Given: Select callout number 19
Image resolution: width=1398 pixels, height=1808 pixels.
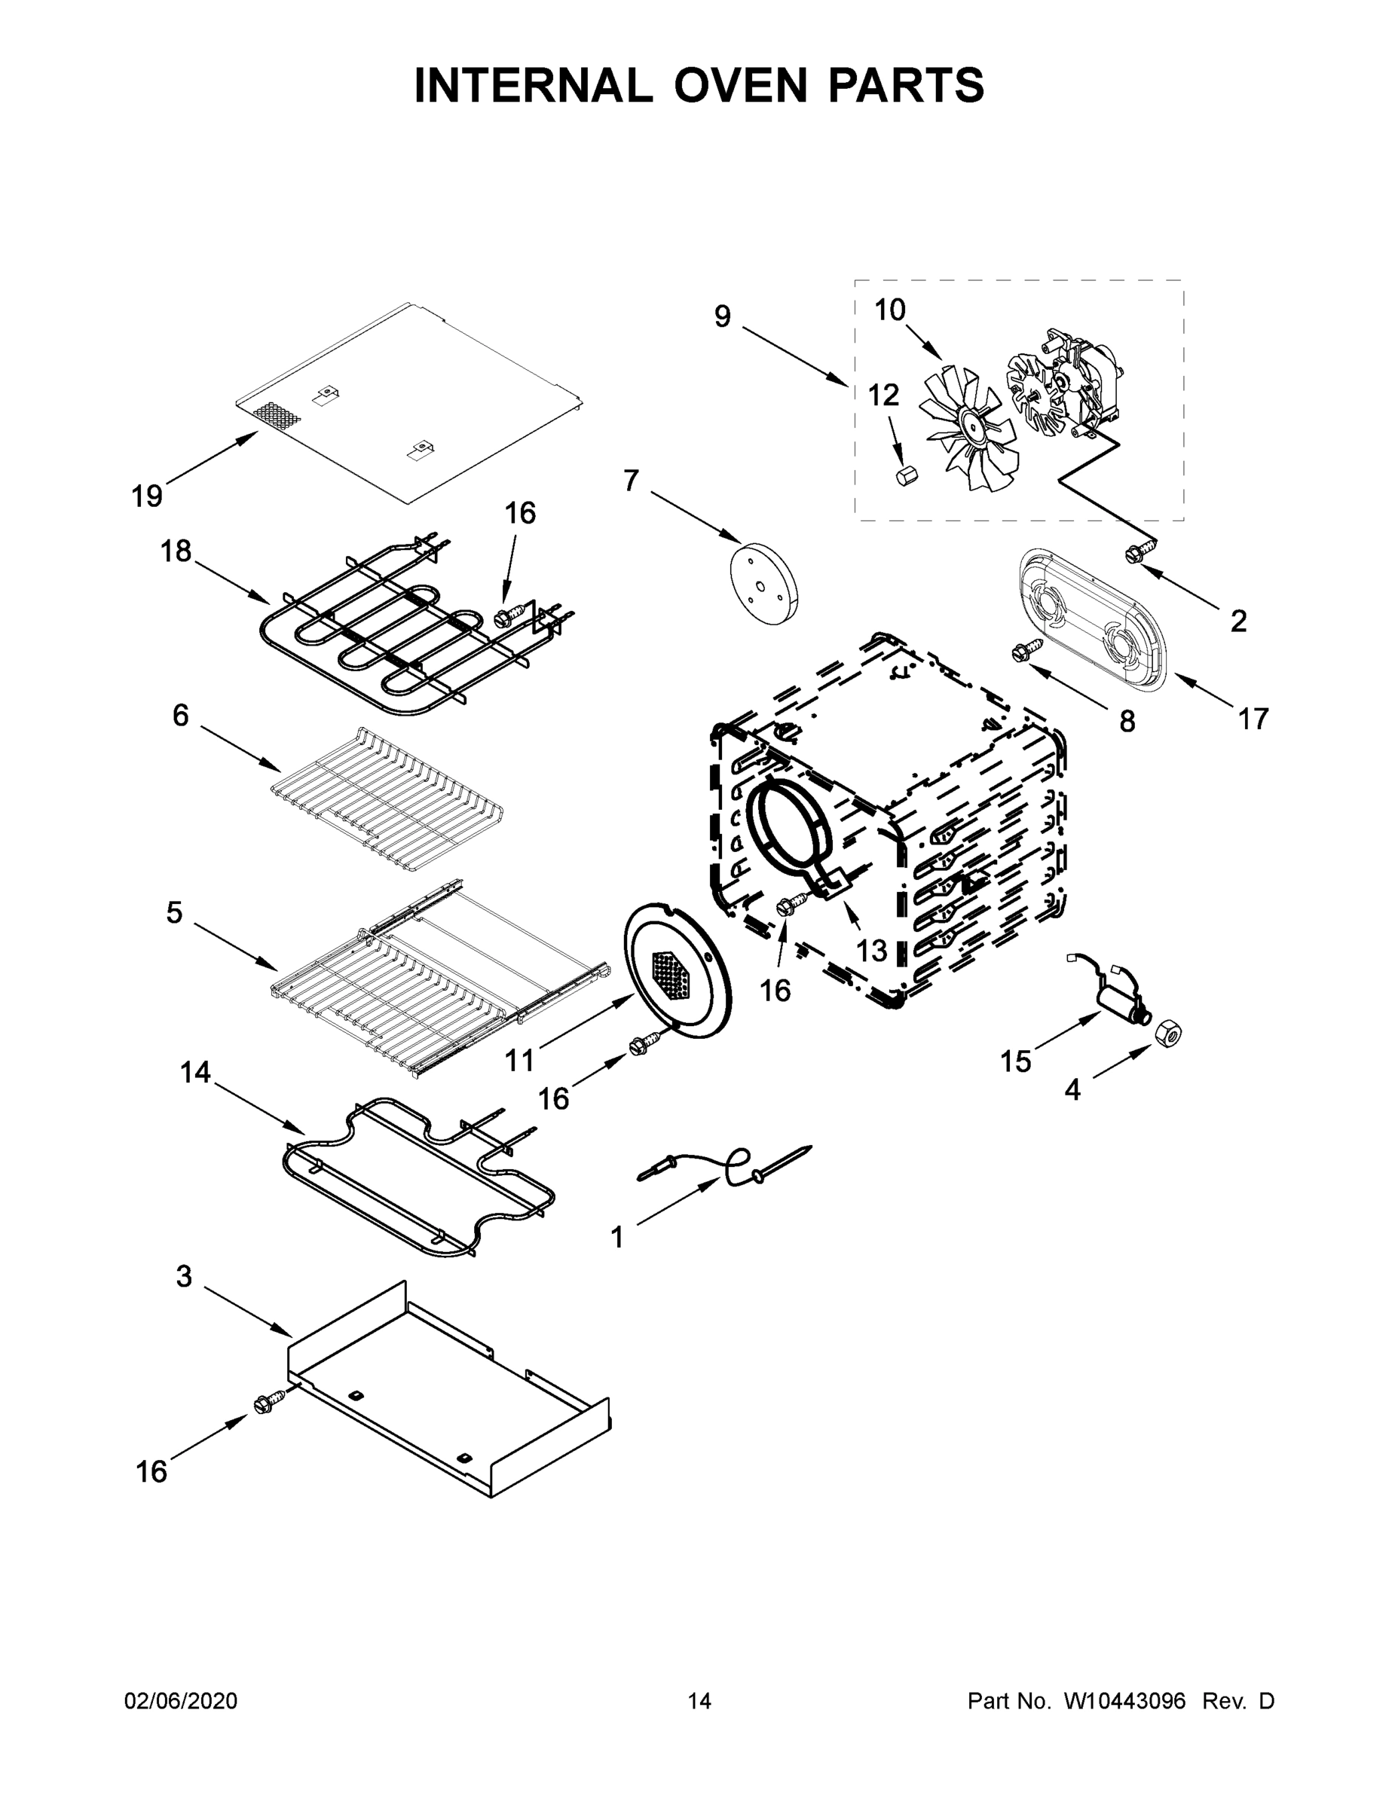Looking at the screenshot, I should (147, 496).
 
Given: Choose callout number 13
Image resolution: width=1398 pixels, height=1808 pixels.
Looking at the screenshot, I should (871, 951).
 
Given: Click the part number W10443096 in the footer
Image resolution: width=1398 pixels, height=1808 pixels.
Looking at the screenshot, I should (1124, 1702).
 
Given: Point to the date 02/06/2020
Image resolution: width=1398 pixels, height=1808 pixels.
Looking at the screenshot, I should (181, 1702).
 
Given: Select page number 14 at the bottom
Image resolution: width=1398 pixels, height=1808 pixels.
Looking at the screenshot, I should (699, 1702).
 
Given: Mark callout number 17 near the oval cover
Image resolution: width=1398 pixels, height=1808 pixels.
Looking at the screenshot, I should (1253, 719).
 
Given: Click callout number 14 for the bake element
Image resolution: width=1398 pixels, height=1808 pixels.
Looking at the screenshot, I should (195, 1073).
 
